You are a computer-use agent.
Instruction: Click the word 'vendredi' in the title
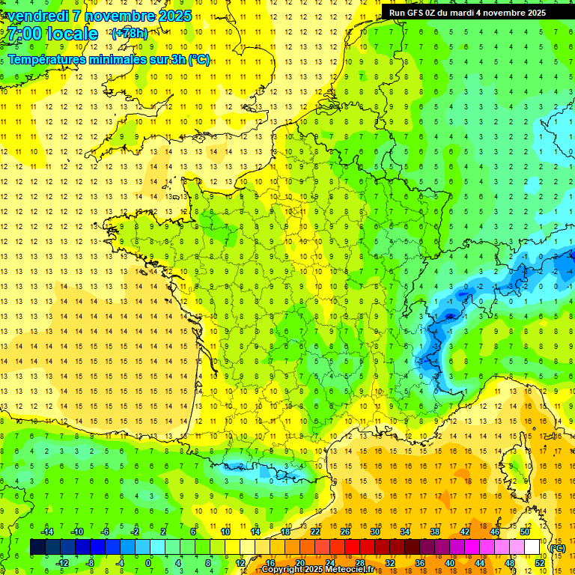click(x=37, y=16)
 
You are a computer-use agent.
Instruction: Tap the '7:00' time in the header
click(x=25, y=34)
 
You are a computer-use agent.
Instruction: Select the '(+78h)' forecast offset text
click(x=130, y=33)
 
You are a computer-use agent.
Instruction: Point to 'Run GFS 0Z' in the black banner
click(x=416, y=13)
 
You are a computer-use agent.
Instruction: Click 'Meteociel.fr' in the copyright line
click(x=355, y=570)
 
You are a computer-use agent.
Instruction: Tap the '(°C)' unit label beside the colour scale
click(x=558, y=547)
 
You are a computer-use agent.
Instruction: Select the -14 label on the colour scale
click(x=46, y=532)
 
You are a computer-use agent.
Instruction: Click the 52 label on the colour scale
click(x=540, y=563)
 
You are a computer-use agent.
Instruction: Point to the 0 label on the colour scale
click(x=147, y=563)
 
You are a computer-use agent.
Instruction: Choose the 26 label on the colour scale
click(x=345, y=532)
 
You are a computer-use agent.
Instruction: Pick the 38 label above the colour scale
click(x=434, y=532)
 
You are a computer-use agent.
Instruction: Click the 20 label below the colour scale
click(x=299, y=563)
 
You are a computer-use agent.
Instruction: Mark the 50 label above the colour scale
click(x=525, y=532)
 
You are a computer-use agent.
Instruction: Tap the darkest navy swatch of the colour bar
click(x=37, y=547)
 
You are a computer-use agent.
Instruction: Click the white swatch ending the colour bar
click(x=532, y=547)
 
